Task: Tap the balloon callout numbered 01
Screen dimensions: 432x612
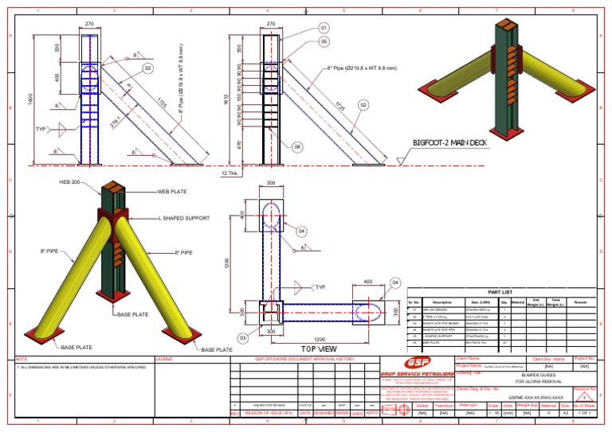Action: click(x=324, y=29)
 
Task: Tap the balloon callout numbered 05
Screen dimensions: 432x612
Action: click(x=324, y=41)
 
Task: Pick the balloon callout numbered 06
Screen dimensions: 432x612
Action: click(x=296, y=147)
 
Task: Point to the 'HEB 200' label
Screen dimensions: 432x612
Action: click(x=72, y=182)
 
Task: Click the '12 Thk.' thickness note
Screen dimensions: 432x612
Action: click(x=229, y=173)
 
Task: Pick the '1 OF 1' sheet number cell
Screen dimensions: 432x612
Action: click(x=586, y=413)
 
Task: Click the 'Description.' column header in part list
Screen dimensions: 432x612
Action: click(x=443, y=303)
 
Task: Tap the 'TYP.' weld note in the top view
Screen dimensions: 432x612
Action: click(x=321, y=286)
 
